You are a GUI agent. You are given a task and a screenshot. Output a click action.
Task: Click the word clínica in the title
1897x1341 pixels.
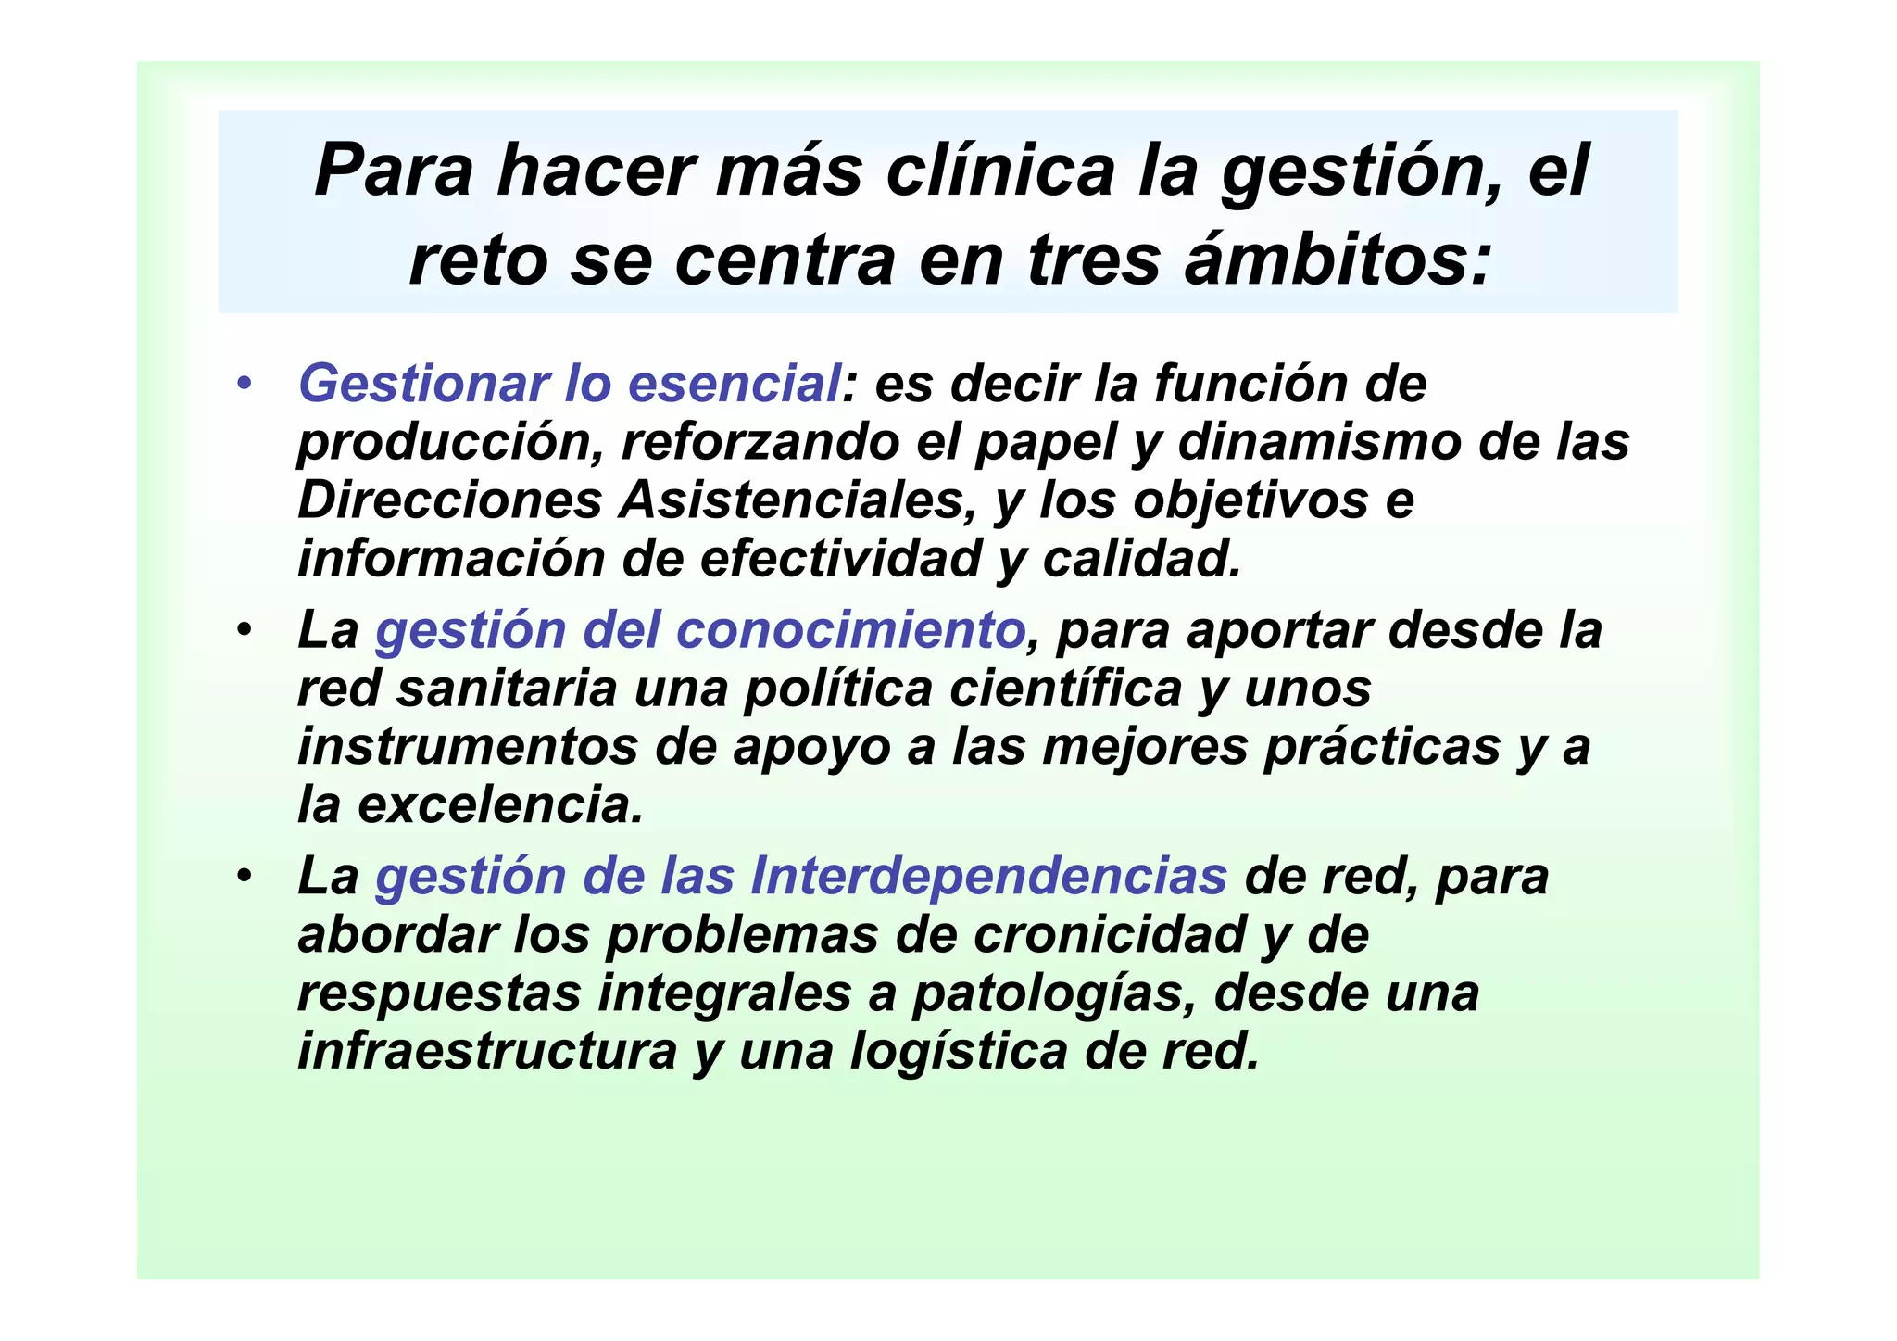[x=1000, y=171]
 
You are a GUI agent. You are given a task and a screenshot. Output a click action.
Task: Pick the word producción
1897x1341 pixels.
[x=450, y=443]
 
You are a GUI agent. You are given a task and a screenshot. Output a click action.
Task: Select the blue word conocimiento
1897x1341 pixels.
[x=850, y=630]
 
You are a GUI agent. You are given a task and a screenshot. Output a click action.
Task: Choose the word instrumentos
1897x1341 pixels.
[x=468, y=747]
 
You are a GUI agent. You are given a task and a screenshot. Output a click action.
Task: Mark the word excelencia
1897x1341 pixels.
[x=500, y=805]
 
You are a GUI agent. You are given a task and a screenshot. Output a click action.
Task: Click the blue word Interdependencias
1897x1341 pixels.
[x=988, y=877]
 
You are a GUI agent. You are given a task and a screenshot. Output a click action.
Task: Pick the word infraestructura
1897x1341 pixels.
[x=487, y=1052]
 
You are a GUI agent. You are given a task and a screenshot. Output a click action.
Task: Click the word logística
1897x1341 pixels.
[x=959, y=1052]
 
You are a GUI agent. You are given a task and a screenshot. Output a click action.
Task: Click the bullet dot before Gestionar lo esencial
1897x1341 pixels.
[x=245, y=384]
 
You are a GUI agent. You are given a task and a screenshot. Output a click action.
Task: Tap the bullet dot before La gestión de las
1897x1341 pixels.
[x=245, y=877]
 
